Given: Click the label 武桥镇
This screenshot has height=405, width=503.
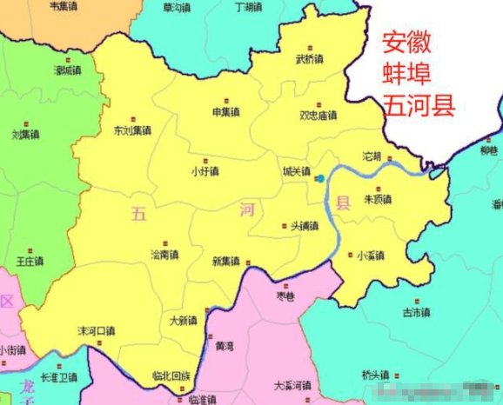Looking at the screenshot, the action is (x=309, y=60).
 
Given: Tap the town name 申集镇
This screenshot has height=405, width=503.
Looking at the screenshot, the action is (x=225, y=111).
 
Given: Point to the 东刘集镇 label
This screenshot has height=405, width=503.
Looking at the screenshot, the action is (x=132, y=131).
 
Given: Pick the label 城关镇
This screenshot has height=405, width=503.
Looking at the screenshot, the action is (x=296, y=172).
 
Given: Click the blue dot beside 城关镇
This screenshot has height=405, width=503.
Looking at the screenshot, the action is (x=320, y=178).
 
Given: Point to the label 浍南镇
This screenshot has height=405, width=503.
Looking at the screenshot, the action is (x=164, y=256).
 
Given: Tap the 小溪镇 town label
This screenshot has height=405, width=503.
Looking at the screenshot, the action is (x=371, y=256).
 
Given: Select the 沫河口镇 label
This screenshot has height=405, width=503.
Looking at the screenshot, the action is (x=96, y=331).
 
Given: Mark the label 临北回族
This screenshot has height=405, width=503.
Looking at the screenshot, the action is (x=170, y=375).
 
